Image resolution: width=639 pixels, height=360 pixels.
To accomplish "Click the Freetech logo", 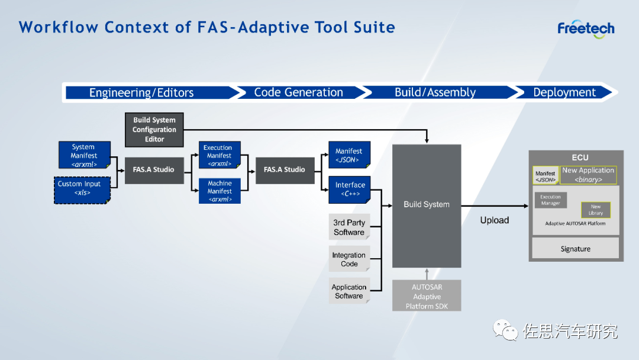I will (586, 29).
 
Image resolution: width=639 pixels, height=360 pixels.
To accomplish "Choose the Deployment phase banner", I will (565, 92).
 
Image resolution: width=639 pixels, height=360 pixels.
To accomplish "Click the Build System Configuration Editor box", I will (154, 130).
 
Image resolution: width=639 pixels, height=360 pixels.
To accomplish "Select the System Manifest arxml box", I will (83, 155).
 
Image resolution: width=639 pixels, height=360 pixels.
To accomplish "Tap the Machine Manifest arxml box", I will (220, 191).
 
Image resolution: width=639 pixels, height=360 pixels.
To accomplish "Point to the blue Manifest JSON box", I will (349, 155).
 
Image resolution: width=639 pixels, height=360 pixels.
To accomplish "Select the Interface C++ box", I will (350, 189).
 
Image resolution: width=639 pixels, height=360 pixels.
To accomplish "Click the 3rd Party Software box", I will (349, 227).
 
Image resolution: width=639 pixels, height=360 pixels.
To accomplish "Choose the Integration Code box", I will (349, 259).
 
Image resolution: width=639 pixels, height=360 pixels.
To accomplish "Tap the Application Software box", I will (349, 291).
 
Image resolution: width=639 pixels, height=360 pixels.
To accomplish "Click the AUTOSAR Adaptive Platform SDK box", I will (427, 296).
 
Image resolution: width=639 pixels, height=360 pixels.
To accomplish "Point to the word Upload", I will (495, 220).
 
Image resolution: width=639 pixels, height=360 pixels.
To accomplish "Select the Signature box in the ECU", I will (575, 249).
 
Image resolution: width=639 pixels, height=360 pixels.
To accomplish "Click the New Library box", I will (595, 210).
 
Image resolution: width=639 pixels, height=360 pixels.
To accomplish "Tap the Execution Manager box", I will (550, 200).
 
